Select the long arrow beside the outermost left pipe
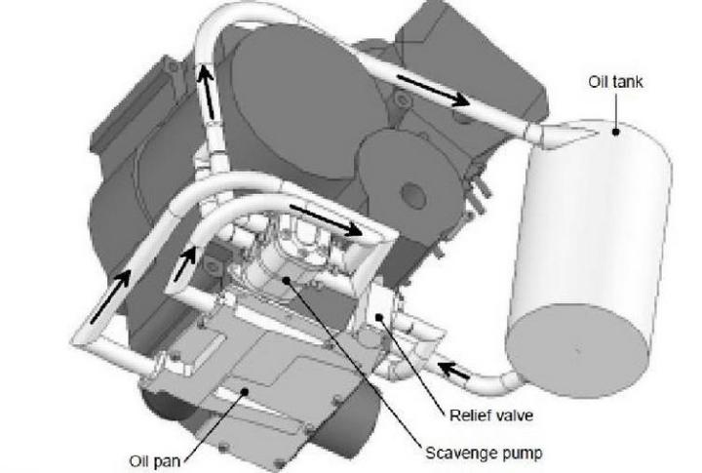pos(109,297)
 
